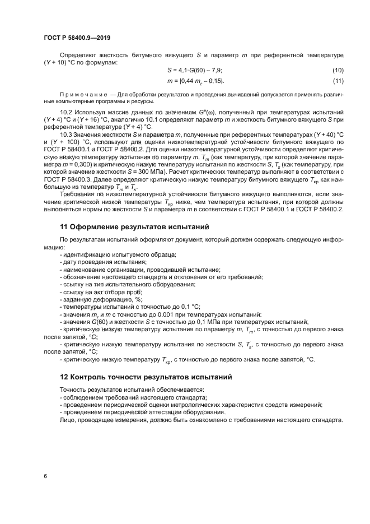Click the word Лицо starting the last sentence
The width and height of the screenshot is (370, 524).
[x=67, y=419]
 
